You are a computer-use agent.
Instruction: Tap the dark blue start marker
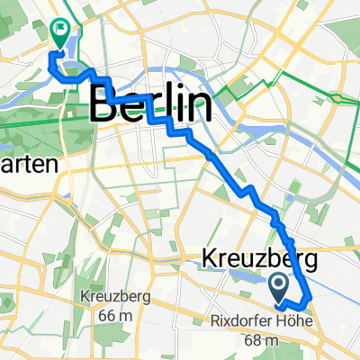pos(278,288)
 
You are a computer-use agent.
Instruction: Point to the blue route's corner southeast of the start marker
pos(310,296)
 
